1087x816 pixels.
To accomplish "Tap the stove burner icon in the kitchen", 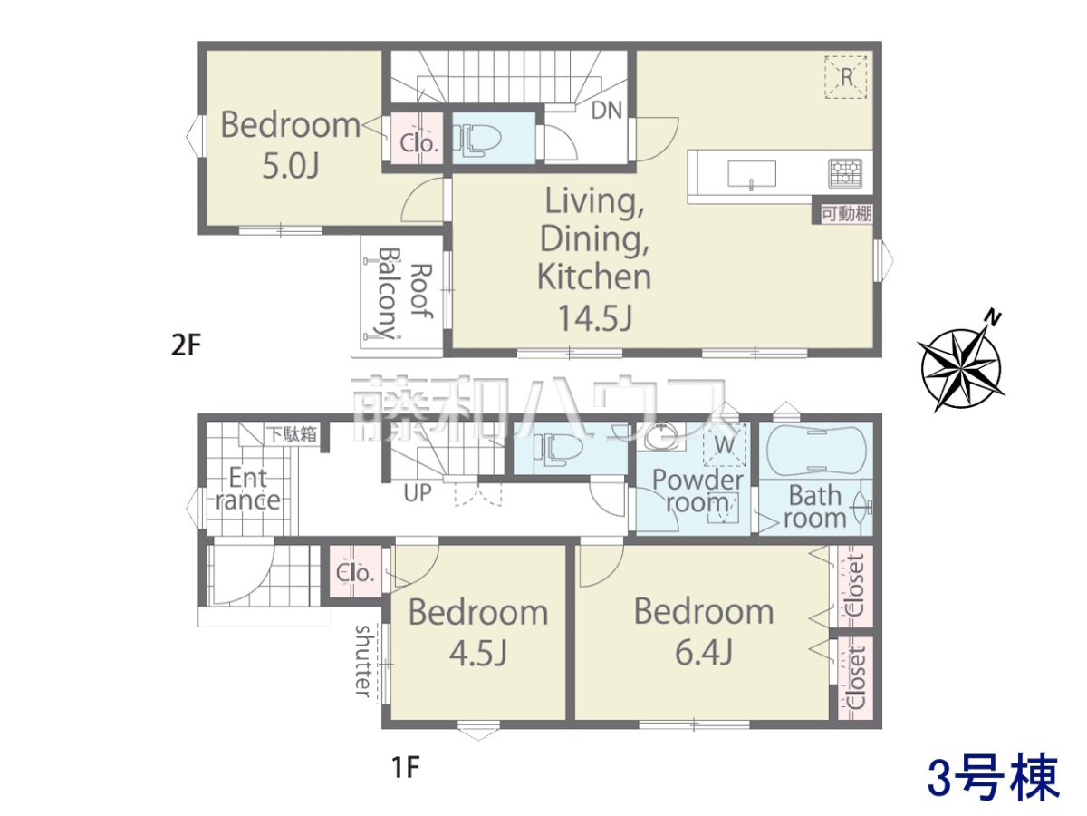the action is (x=845, y=173).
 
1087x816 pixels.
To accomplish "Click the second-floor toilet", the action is (x=481, y=138).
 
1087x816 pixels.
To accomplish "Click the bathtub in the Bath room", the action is (x=816, y=450).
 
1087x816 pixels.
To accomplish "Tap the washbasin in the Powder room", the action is (x=661, y=436).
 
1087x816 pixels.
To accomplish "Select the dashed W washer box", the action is (x=725, y=444).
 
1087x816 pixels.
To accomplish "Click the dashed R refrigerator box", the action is (x=846, y=78).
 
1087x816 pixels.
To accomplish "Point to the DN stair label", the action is (x=607, y=110).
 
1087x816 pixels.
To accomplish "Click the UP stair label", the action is (x=418, y=493).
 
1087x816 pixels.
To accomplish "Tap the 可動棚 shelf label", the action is (x=847, y=214).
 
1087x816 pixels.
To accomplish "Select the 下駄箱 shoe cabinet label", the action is (x=293, y=434).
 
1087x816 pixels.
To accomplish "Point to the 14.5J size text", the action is (x=595, y=317).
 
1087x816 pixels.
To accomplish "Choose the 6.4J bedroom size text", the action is (x=704, y=652).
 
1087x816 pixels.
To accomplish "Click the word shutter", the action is (x=363, y=661).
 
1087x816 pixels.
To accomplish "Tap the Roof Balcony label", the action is (x=405, y=293).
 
